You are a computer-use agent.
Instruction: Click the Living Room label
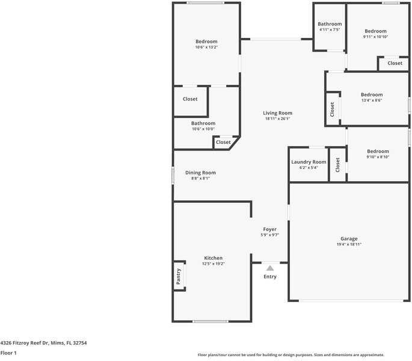coord(277,113)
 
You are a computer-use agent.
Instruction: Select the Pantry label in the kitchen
coord(179,276)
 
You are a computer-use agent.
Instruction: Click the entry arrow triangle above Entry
coord(270,268)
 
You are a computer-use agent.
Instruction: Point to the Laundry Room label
coord(309,162)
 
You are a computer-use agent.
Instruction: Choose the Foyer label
coord(269,229)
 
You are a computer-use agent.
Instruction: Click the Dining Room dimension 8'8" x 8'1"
coord(200,179)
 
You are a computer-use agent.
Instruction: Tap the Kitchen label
coord(213,258)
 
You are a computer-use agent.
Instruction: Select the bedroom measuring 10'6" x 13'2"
coord(206,44)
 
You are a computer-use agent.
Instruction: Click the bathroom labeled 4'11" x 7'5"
coord(330,26)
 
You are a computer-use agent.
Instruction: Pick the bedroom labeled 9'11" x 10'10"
coord(375,34)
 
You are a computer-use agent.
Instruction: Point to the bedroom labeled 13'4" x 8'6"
coord(371,97)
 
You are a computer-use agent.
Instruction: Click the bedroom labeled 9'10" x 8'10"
coord(378,154)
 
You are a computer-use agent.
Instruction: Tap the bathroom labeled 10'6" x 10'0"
coord(203,126)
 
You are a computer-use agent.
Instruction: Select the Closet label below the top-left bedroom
coord(190,99)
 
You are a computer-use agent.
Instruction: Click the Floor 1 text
coord(8,353)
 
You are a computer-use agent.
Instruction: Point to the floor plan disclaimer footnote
coord(291,355)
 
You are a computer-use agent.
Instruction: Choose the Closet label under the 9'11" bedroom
coord(395,63)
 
